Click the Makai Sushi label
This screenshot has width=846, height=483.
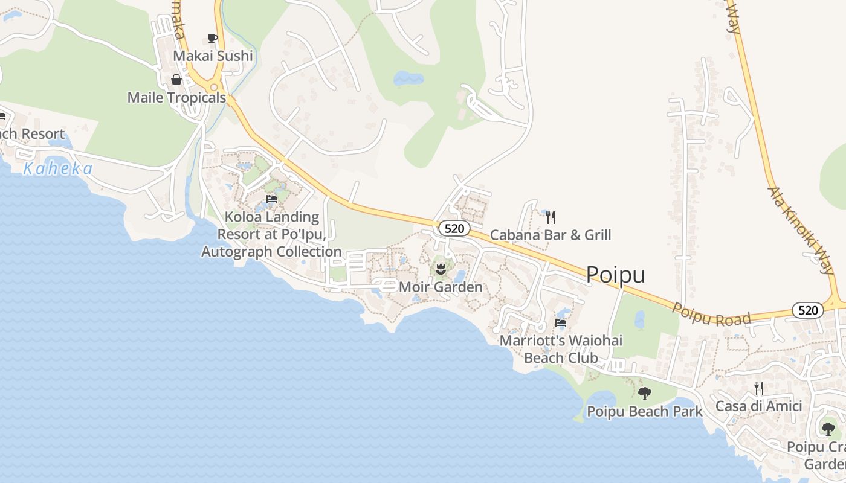[213, 56]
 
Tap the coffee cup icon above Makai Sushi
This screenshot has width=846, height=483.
[212, 39]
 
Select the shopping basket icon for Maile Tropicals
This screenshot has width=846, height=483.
[176, 80]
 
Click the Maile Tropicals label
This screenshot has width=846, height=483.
[176, 98]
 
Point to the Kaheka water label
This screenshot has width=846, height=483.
[58, 169]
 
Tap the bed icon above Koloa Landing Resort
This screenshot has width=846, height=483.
[272, 199]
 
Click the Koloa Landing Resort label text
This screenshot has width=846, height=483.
[271, 234]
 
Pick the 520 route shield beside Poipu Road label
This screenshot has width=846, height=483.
[808, 310]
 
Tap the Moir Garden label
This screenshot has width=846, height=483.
[441, 287]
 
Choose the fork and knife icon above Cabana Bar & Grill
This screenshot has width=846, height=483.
[551, 217]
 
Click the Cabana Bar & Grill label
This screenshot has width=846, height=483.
[551, 235]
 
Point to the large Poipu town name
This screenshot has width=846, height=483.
[616, 275]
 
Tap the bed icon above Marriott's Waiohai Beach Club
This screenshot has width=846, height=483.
[561, 323]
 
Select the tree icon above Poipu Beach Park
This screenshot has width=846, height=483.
[645, 394]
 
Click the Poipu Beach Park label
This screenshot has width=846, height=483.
[645, 412]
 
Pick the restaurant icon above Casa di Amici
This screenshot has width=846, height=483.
[759, 388]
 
